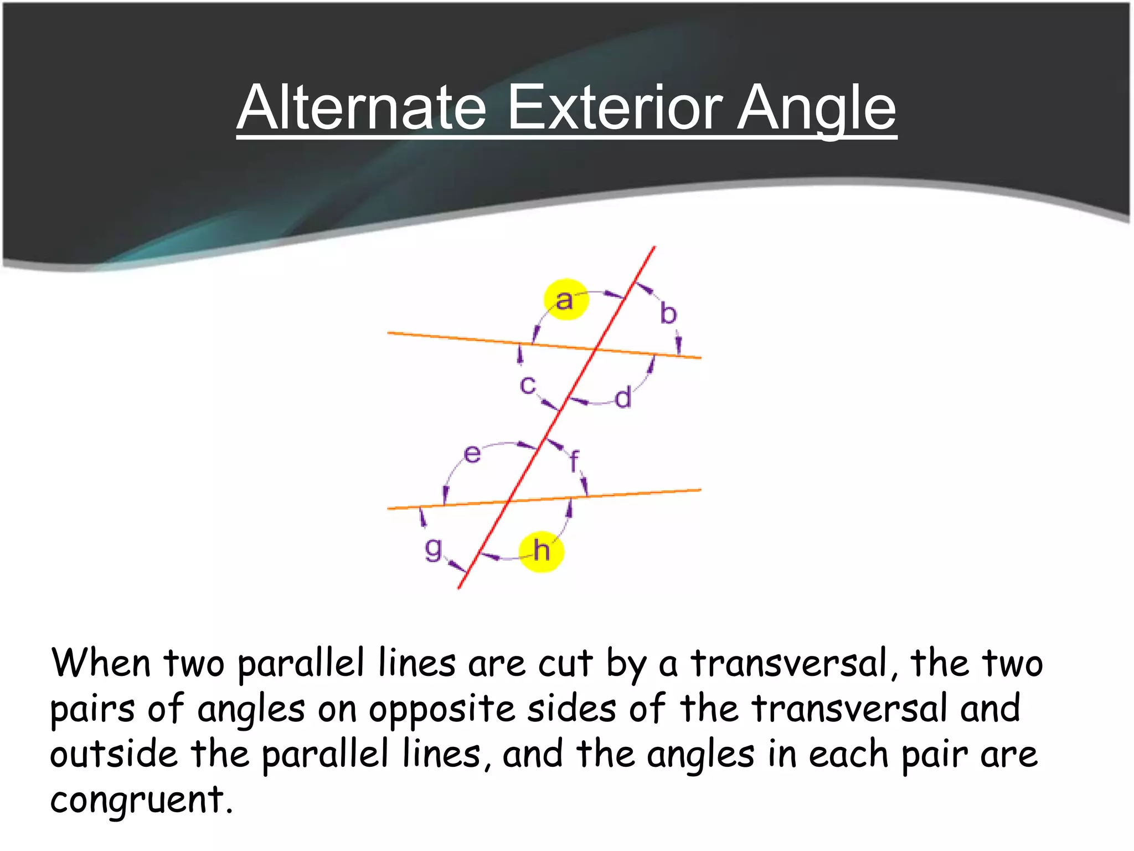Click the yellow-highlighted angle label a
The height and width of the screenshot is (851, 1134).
coord(565,300)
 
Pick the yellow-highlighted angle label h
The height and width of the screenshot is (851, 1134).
coord(541,551)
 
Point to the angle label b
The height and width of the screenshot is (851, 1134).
coord(668,314)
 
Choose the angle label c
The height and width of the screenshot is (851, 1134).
coord(527,385)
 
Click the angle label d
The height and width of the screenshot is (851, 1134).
coord(623,398)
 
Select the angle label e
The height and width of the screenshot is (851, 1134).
coord(472,454)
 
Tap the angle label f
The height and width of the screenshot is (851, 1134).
coord(575,460)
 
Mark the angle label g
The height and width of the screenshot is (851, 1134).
coord(433,548)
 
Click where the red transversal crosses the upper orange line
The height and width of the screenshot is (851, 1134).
coord(595,350)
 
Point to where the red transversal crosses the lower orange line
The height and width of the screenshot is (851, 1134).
coord(508,501)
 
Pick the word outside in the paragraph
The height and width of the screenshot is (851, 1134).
coord(114,754)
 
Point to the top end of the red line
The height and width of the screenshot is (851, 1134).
coord(654,247)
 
